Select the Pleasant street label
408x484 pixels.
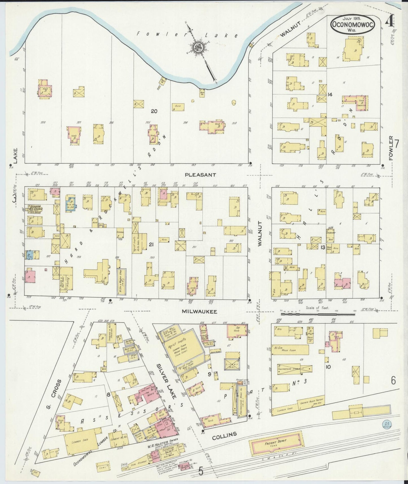click(x=200, y=175)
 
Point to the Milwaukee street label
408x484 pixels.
click(x=199, y=311)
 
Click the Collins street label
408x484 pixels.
click(x=224, y=435)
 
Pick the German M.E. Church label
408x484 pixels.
click(x=35, y=209)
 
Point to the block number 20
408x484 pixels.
click(x=154, y=111)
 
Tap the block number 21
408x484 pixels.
click(x=151, y=245)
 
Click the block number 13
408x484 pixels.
click(x=322, y=247)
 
